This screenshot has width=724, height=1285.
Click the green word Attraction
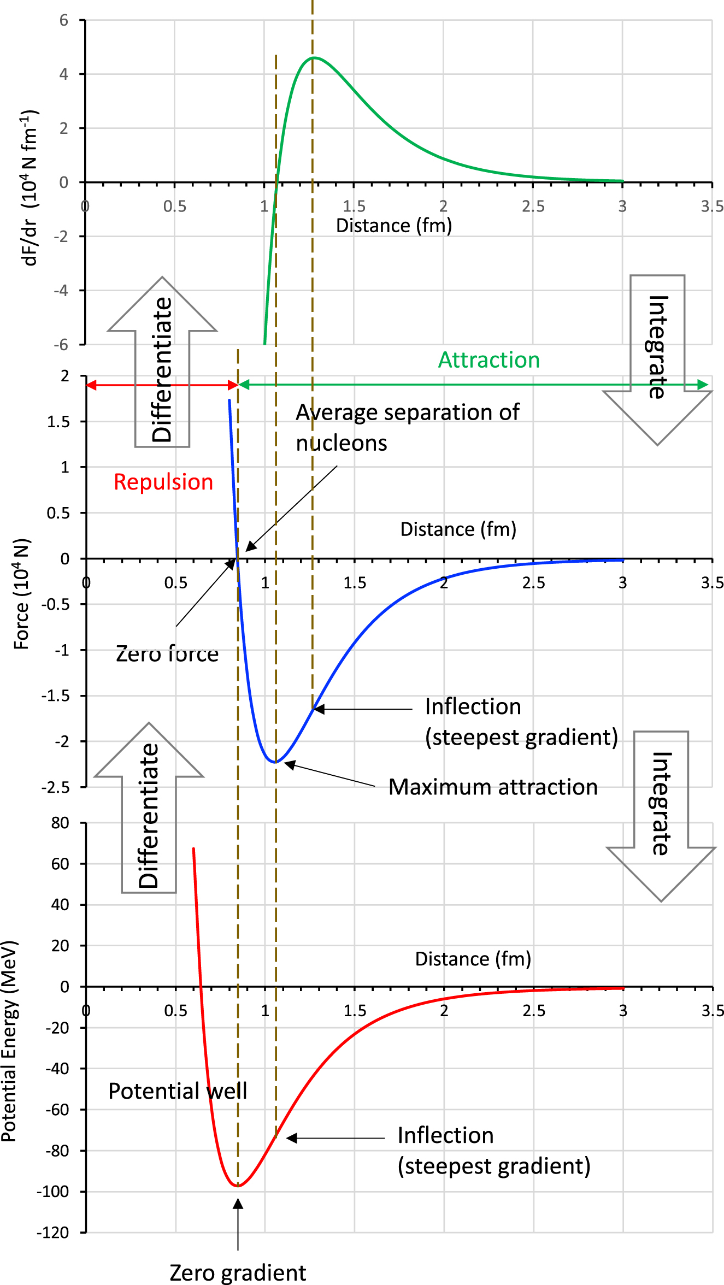(488, 360)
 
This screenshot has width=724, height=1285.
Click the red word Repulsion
(163, 482)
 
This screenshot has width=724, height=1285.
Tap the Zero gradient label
(238, 1272)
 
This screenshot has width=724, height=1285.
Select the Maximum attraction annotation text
(493, 787)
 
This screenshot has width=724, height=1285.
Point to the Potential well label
(178, 1091)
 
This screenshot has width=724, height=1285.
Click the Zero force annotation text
(167, 653)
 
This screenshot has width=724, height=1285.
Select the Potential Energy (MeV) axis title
(9, 1041)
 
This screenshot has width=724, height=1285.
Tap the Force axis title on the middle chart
(22, 594)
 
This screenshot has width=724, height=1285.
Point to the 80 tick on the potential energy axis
(60, 823)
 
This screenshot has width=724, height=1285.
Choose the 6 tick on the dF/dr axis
(64, 21)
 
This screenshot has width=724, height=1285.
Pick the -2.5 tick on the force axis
(55, 787)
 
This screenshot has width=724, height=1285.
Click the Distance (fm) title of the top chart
(393, 225)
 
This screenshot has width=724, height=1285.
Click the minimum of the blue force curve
(275, 762)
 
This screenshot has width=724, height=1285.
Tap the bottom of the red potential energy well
(238, 1186)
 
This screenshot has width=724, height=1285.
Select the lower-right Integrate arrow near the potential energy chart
(661, 814)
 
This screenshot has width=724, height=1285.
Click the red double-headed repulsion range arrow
(162, 385)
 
